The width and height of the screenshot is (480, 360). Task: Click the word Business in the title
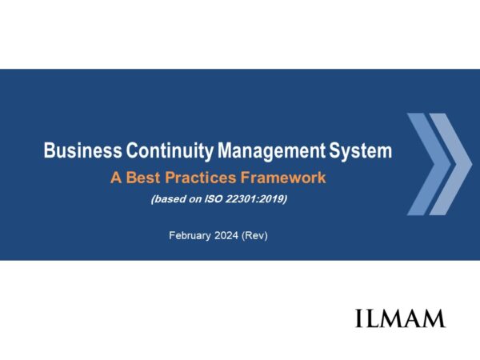coord(82,150)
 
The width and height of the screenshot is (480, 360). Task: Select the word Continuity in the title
coord(170,151)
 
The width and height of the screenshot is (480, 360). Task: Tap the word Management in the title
coord(271,151)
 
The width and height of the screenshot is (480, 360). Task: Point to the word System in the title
coord(360,151)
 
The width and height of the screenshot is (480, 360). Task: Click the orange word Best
coord(143,178)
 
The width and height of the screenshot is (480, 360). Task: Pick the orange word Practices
coord(201,178)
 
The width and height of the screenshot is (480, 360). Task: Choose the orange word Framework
coord(283,178)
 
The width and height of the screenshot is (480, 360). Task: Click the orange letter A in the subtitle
coord(116,178)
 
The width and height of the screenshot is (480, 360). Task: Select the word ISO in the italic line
coord(214,199)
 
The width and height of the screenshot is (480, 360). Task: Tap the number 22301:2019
coord(256,199)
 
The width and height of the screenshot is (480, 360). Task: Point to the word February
coord(190,236)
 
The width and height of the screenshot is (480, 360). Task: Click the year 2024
coord(226,235)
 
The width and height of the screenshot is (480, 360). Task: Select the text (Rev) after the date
coord(254,236)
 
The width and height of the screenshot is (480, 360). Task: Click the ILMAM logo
coord(400,318)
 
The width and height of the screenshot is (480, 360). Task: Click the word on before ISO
coord(195,199)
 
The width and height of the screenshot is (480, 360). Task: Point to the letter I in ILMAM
coord(358,318)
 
